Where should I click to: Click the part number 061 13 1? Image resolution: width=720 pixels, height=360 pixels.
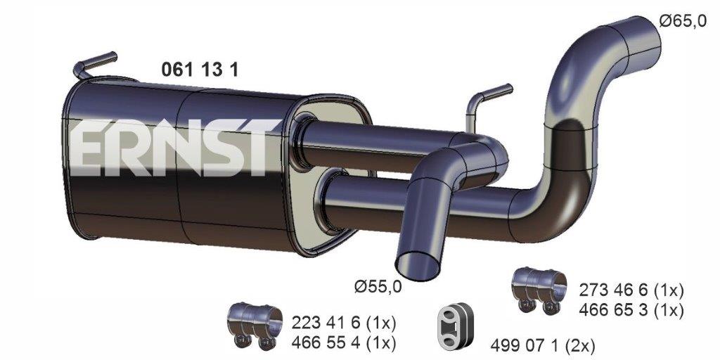[x=200, y=70]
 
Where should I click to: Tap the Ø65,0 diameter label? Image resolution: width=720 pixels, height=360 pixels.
[x=683, y=21]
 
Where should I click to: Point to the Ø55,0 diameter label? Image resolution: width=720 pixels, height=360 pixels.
[x=378, y=287]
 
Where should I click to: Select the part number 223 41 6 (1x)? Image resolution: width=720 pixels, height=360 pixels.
[x=343, y=323]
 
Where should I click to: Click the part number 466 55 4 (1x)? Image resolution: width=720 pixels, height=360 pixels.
[x=343, y=342]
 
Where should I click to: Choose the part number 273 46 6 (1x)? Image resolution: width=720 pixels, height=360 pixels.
[x=631, y=290]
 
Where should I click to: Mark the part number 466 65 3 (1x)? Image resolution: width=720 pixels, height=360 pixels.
[x=631, y=310]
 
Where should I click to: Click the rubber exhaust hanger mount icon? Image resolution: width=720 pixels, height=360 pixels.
[x=455, y=326]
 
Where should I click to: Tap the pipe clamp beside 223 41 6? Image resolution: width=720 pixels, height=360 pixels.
[x=255, y=326]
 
